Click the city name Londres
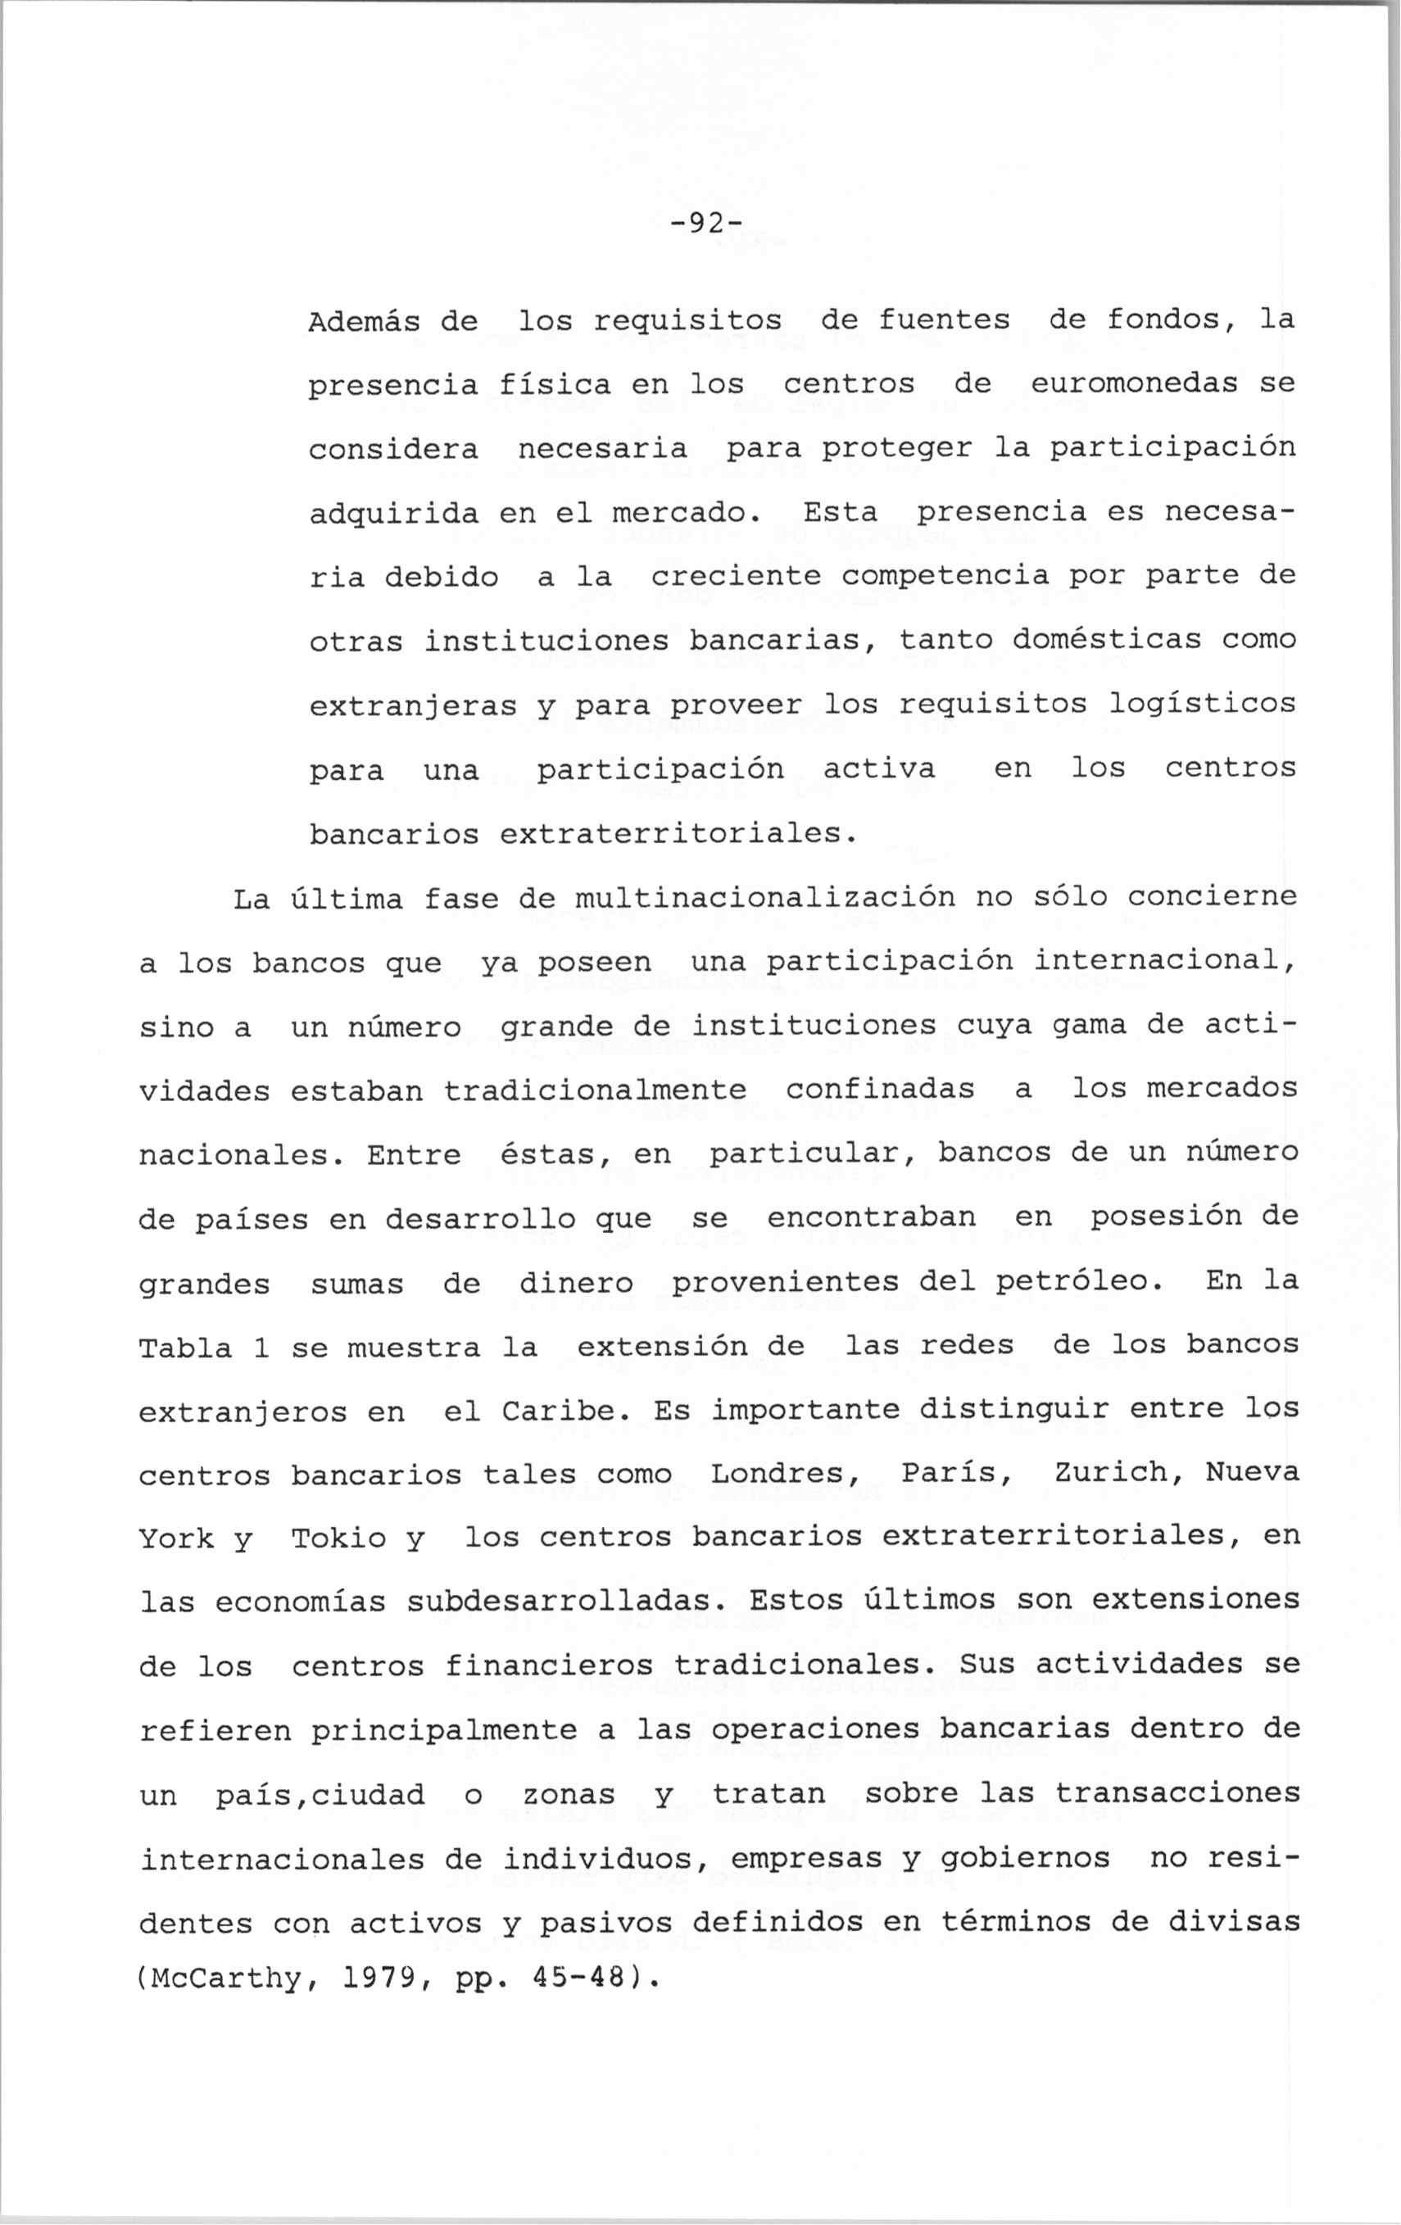785,1475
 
